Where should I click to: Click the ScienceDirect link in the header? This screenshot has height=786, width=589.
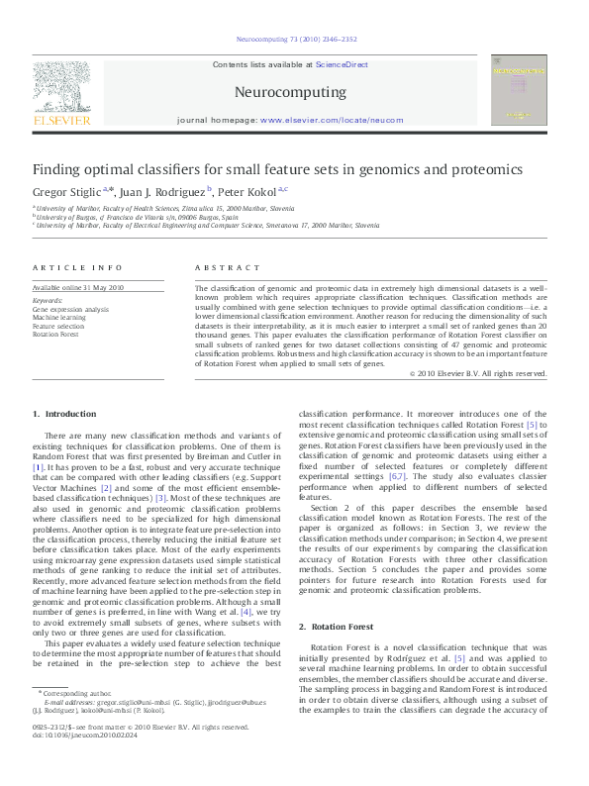(x=342, y=64)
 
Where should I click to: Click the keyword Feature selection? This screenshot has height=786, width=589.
(x=58, y=326)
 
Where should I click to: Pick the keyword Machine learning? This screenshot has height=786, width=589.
(x=58, y=318)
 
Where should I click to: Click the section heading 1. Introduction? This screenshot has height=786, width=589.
(x=64, y=414)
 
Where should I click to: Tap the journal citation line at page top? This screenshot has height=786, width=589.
(x=294, y=40)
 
